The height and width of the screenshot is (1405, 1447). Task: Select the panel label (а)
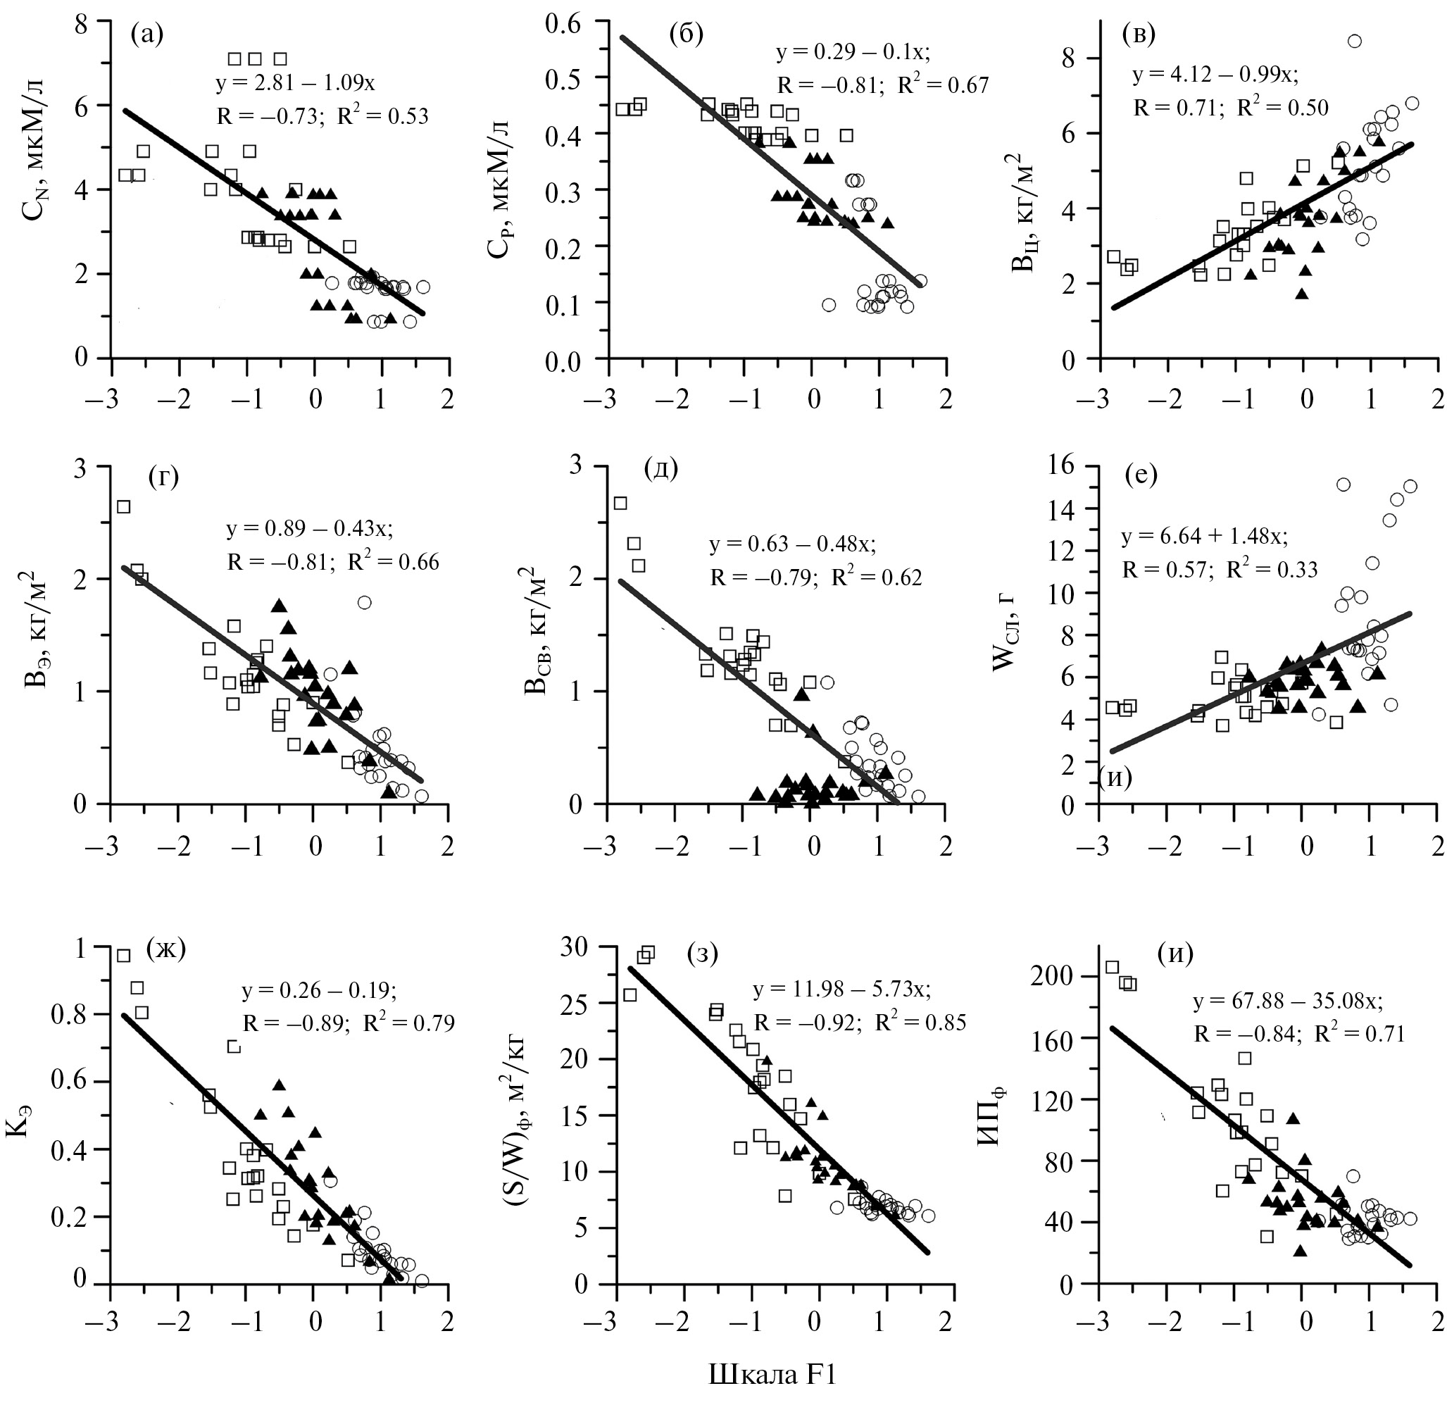[147, 34]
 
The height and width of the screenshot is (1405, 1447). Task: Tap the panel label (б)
[686, 34]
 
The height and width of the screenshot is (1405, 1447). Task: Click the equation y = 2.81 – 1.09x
[295, 82]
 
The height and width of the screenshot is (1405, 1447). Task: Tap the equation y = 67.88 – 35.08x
[1288, 1002]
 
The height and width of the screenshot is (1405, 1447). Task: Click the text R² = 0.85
[920, 1023]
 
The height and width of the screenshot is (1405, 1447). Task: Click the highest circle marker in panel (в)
[1354, 42]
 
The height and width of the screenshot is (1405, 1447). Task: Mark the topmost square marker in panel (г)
[123, 506]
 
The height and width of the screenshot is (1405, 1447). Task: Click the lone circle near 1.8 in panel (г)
[364, 602]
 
